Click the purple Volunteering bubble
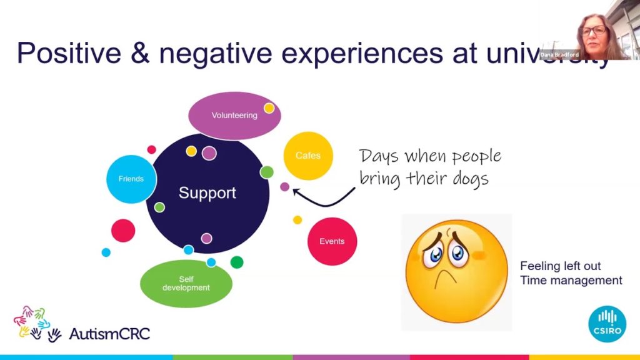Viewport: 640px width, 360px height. coord(234,116)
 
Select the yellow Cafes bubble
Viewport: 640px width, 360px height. coord(307,156)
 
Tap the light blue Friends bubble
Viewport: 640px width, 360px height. coord(131,179)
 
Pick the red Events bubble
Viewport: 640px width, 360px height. coord(332,241)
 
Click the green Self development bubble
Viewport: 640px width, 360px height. coord(186,283)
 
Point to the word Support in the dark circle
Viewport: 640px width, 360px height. coord(207,193)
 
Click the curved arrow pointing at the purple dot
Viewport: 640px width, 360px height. coord(324,199)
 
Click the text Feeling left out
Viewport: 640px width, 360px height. coord(560,266)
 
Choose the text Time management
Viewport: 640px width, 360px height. coord(571,280)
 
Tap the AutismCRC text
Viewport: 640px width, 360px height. coord(109,333)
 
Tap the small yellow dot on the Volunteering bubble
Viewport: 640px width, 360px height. coord(269,108)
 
